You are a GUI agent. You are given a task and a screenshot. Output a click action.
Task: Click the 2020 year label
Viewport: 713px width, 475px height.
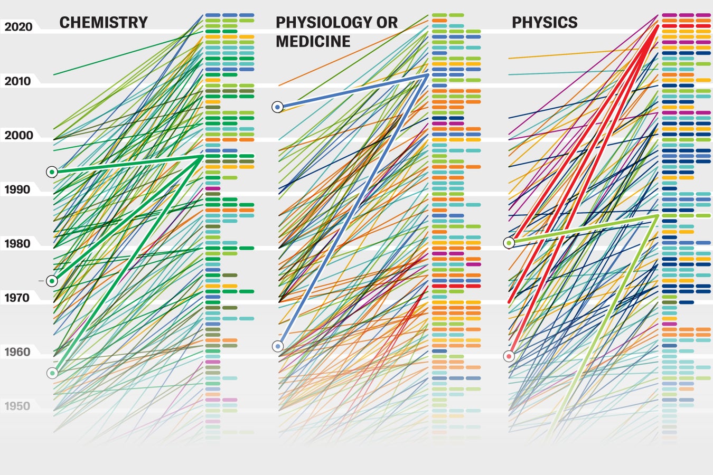18,27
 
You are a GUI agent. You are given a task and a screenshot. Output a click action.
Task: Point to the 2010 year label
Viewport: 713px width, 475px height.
18,81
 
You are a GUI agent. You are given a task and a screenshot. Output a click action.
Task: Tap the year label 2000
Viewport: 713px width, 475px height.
18,136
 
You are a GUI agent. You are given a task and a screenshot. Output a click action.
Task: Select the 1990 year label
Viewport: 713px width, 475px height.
18,189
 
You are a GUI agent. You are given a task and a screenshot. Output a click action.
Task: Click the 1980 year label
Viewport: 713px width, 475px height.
18,244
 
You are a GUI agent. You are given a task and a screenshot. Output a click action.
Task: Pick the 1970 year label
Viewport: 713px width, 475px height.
18,298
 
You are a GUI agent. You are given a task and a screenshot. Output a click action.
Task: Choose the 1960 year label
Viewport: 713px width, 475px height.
18,352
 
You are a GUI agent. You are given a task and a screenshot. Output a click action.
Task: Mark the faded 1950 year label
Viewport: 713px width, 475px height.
18,406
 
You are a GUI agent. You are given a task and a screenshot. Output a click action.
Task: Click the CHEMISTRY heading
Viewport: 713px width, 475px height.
104,23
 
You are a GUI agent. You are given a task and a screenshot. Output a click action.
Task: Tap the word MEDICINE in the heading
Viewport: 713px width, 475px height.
313,42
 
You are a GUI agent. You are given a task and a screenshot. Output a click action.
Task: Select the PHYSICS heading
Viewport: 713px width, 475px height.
545,23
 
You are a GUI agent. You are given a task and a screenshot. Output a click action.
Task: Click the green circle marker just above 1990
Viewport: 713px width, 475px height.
52,172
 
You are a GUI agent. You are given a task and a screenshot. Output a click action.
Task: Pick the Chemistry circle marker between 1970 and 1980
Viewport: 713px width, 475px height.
52,281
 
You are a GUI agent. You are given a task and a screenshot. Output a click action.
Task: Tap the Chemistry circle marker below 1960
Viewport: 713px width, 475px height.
52,373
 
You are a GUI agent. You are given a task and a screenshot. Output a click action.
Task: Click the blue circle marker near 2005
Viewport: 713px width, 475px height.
278,107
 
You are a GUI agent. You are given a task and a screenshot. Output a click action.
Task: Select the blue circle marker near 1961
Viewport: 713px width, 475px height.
278,347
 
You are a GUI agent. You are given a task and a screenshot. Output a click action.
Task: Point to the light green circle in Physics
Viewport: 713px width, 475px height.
509,243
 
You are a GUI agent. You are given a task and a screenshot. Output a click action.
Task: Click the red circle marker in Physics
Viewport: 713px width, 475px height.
509,356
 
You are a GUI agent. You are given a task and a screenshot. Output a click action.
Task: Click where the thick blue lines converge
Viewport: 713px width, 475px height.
427,75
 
